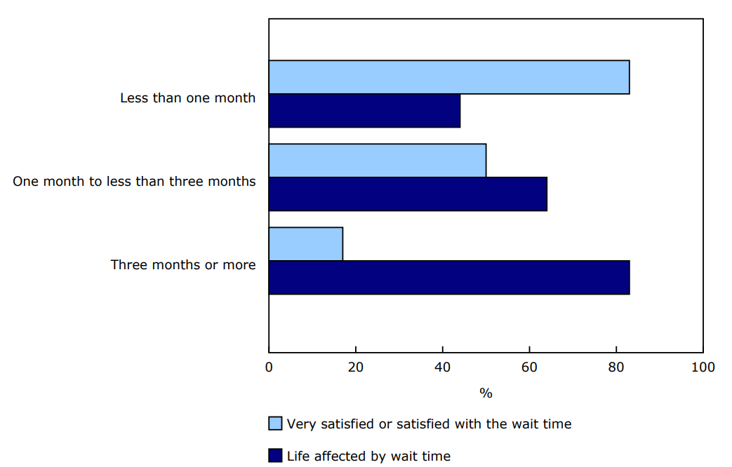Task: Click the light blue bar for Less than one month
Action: [x=448, y=77]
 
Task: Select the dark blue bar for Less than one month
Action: [x=364, y=111]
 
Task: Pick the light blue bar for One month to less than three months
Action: [x=377, y=161]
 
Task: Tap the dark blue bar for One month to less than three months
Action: [x=408, y=194]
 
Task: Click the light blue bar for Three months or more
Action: [x=305, y=244]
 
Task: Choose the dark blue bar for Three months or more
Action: [x=448, y=278]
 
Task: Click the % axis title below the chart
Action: [x=486, y=393]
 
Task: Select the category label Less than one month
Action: [x=187, y=98]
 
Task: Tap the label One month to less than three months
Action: [x=134, y=182]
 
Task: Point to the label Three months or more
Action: [x=183, y=265]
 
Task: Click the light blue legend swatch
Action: [x=275, y=424]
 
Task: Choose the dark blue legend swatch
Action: [x=275, y=456]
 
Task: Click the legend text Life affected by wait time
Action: [x=368, y=456]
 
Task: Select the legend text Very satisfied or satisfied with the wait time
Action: [x=429, y=424]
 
